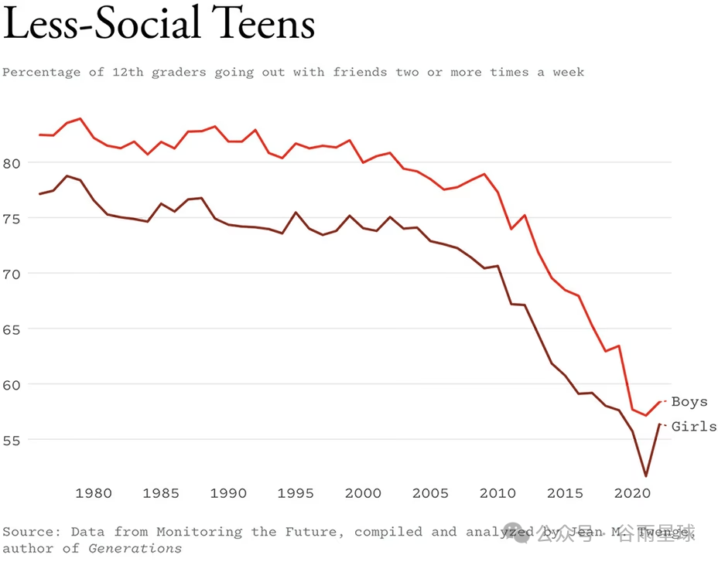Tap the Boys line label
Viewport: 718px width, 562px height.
(689, 402)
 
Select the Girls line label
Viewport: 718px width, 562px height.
(693, 427)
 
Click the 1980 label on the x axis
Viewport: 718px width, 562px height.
(93, 493)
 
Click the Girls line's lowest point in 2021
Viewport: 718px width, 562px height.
(646, 476)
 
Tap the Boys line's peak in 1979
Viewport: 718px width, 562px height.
(80, 119)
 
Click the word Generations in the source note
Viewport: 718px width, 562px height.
(135, 549)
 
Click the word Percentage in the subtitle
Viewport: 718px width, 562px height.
(41, 73)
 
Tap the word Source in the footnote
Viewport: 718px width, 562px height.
(31, 532)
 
